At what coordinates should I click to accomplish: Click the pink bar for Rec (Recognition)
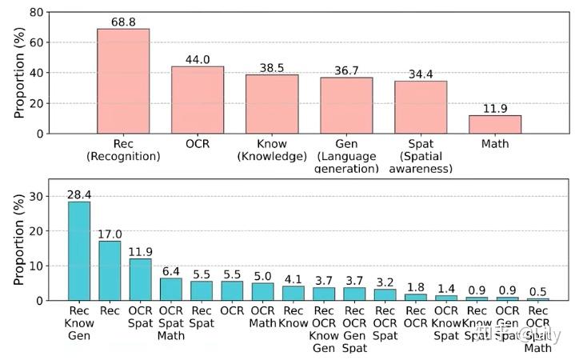(x=123, y=81)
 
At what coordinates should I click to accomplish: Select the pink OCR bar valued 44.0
(x=197, y=100)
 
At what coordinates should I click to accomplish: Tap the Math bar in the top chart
(x=494, y=125)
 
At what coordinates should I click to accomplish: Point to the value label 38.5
(x=271, y=68)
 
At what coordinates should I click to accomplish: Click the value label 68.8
(x=123, y=22)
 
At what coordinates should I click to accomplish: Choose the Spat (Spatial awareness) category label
(x=421, y=157)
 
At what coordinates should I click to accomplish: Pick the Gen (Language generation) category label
(x=346, y=157)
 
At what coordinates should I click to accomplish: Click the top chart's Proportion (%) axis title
(x=19, y=72)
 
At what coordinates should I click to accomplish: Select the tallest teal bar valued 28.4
(x=79, y=251)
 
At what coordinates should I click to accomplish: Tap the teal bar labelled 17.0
(x=110, y=270)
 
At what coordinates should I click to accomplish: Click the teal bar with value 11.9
(x=141, y=279)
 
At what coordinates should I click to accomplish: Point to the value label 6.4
(x=171, y=271)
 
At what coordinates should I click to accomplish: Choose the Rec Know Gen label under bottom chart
(x=79, y=324)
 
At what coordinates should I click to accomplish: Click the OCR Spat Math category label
(x=171, y=324)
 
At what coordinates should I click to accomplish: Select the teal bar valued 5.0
(x=263, y=292)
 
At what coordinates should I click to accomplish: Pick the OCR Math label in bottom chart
(x=263, y=318)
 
